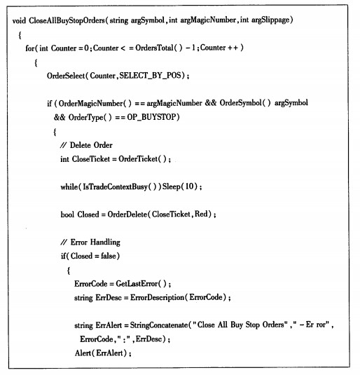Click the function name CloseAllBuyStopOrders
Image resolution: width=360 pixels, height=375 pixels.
click(x=67, y=20)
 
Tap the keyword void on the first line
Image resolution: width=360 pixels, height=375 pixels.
click(x=19, y=20)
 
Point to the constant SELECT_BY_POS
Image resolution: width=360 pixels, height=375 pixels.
click(x=150, y=76)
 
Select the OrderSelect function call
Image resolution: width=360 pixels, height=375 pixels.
click(x=66, y=76)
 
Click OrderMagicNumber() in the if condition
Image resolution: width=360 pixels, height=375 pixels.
click(x=95, y=104)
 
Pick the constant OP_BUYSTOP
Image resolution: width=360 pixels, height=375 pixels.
click(x=151, y=117)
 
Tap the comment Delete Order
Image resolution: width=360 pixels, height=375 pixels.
click(x=86, y=145)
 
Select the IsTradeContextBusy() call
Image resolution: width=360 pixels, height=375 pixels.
click(x=122, y=186)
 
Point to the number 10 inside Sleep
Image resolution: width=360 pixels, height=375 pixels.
click(x=189, y=186)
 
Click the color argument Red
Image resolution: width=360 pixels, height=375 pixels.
click(x=201, y=214)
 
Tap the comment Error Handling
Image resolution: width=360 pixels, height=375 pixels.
click(x=90, y=243)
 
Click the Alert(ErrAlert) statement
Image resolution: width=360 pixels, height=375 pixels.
click(x=101, y=353)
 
